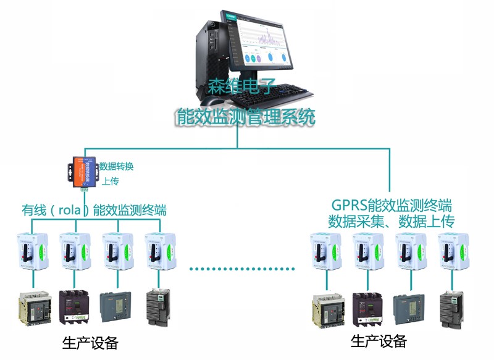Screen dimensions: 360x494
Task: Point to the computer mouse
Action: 214,101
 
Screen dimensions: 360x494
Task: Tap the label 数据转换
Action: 117,166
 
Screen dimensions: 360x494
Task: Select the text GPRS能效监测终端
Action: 392,204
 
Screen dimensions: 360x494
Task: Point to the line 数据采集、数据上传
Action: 392,220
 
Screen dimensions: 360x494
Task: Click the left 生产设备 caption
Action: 90,343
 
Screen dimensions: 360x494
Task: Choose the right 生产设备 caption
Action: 379,341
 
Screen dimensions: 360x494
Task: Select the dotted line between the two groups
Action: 242,269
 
